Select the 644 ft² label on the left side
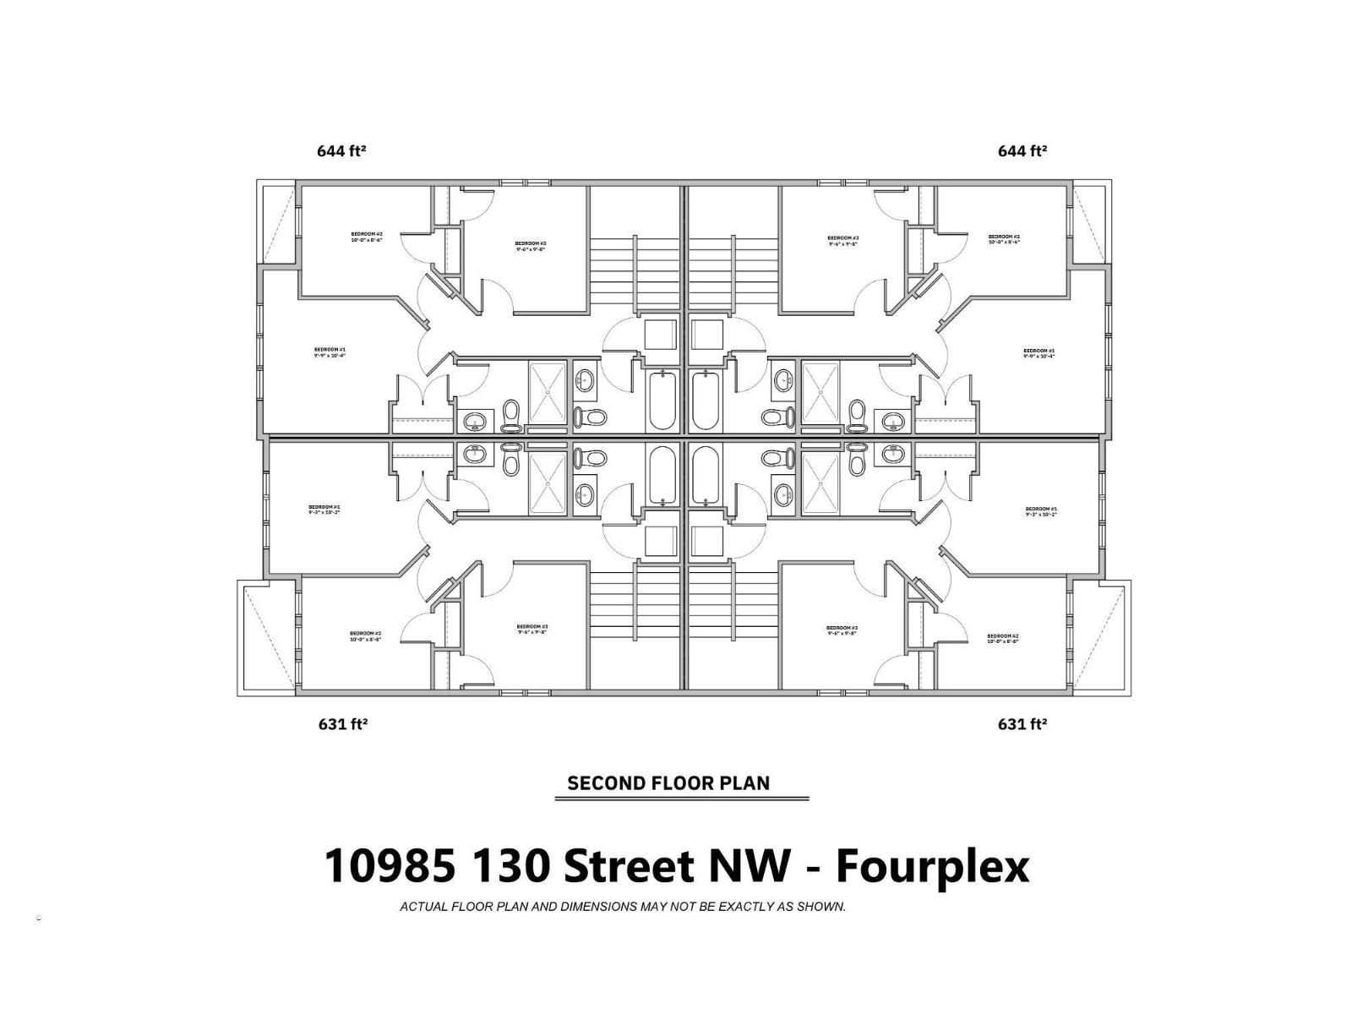click(341, 151)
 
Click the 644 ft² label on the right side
click(1022, 151)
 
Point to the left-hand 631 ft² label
click(341, 724)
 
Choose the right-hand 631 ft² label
click(1022, 724)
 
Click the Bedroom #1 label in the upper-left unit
click(330, 352)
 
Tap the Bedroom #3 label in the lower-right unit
click(842, 630)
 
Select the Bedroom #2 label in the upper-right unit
click(1004, 239)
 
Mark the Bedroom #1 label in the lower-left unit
click(324, 510)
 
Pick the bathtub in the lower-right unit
click(706, 475)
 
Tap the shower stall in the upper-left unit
click(548, 393)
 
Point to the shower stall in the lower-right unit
click(820, 482)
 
